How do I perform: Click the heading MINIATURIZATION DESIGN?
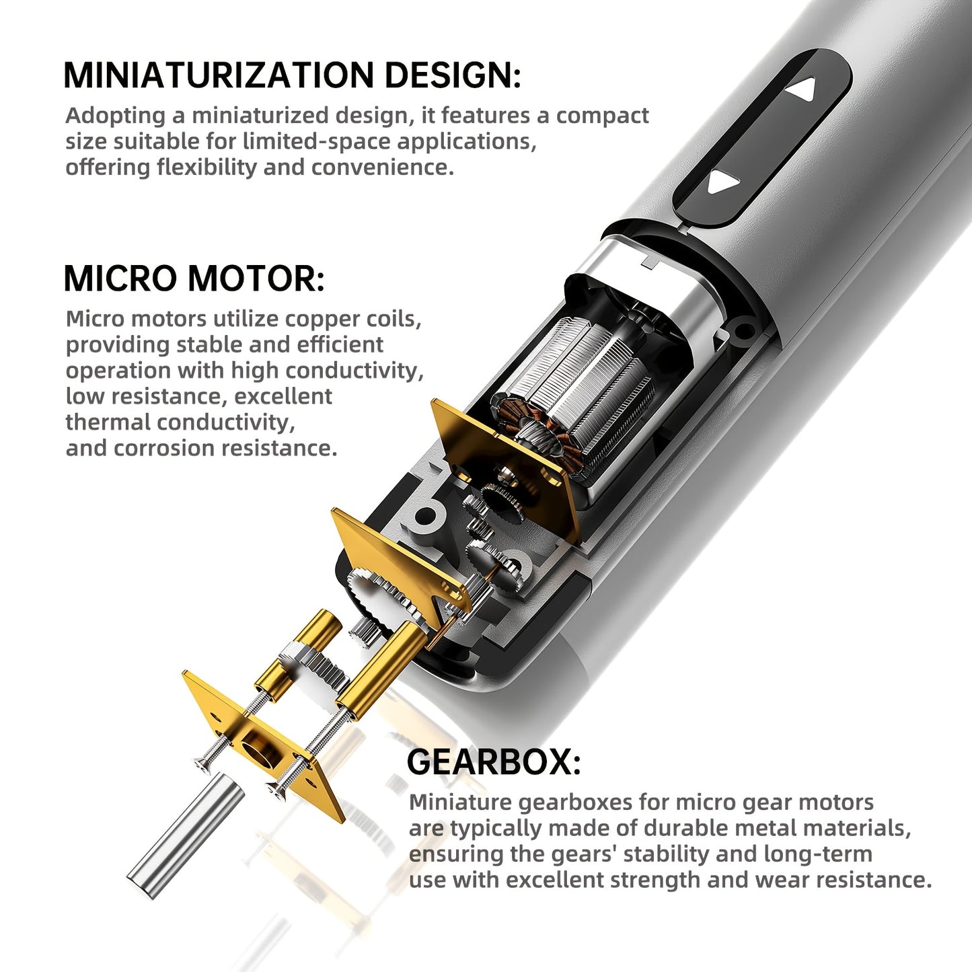pyautogui.click(x=292, y=75)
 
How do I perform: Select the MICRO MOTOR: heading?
pyautogui.click(x=194, y=278)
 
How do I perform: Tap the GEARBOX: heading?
pyautogui.click(x=494, y=762)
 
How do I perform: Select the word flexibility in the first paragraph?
pyautogui.click(x=207, y=167)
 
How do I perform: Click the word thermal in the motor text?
pyautogui.click(x=108, y=422)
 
